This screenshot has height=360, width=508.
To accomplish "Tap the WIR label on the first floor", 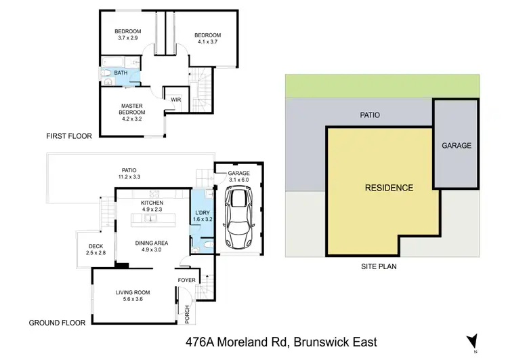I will [x=176, y=100].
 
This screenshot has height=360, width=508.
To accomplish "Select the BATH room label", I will [x=121, y=73].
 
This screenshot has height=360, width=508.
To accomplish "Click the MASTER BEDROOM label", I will [x=131, y=110].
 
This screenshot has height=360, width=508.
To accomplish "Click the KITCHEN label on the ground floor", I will [x=152, y=203].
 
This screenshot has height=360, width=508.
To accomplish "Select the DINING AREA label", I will [x=152, y=243].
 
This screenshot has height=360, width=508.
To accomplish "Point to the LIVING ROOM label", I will [x=133, y=293].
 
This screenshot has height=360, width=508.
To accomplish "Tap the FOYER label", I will [x=186, y=280].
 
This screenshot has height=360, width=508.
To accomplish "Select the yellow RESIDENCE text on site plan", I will [x=389, y=188].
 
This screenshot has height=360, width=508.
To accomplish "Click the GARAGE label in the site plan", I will [x=456, y=146].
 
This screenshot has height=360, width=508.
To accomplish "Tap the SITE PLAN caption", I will [x=379, y=266].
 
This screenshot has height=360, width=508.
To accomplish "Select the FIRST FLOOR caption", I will [x=68, y=136].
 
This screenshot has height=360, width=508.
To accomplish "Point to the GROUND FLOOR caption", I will [x=57, y=323].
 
